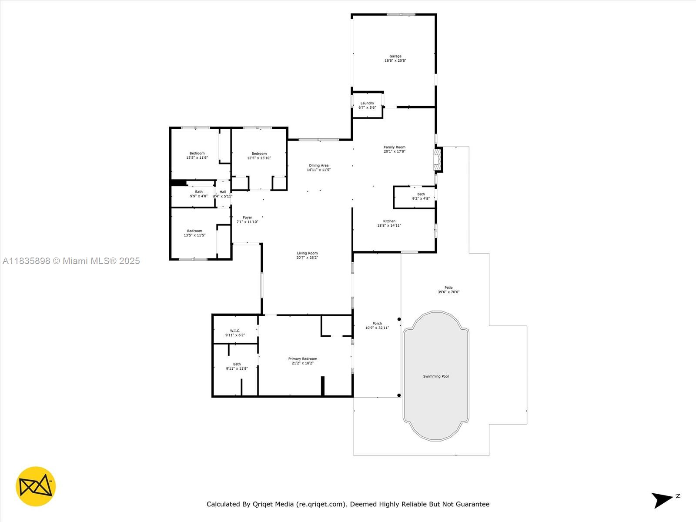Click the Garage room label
(395, 57)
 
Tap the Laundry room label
(367, 104)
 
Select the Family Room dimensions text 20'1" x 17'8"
(395, 152)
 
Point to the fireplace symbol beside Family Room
(437, 160)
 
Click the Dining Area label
(318, 166)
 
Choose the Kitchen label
(389, 221)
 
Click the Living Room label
(307, 253)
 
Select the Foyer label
(247, 217)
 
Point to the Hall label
(223, 192)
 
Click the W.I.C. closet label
(235, 331)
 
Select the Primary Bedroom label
(302, 359)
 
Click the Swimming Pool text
(436, 376)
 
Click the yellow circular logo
(36, 486)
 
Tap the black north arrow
(662, 499)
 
